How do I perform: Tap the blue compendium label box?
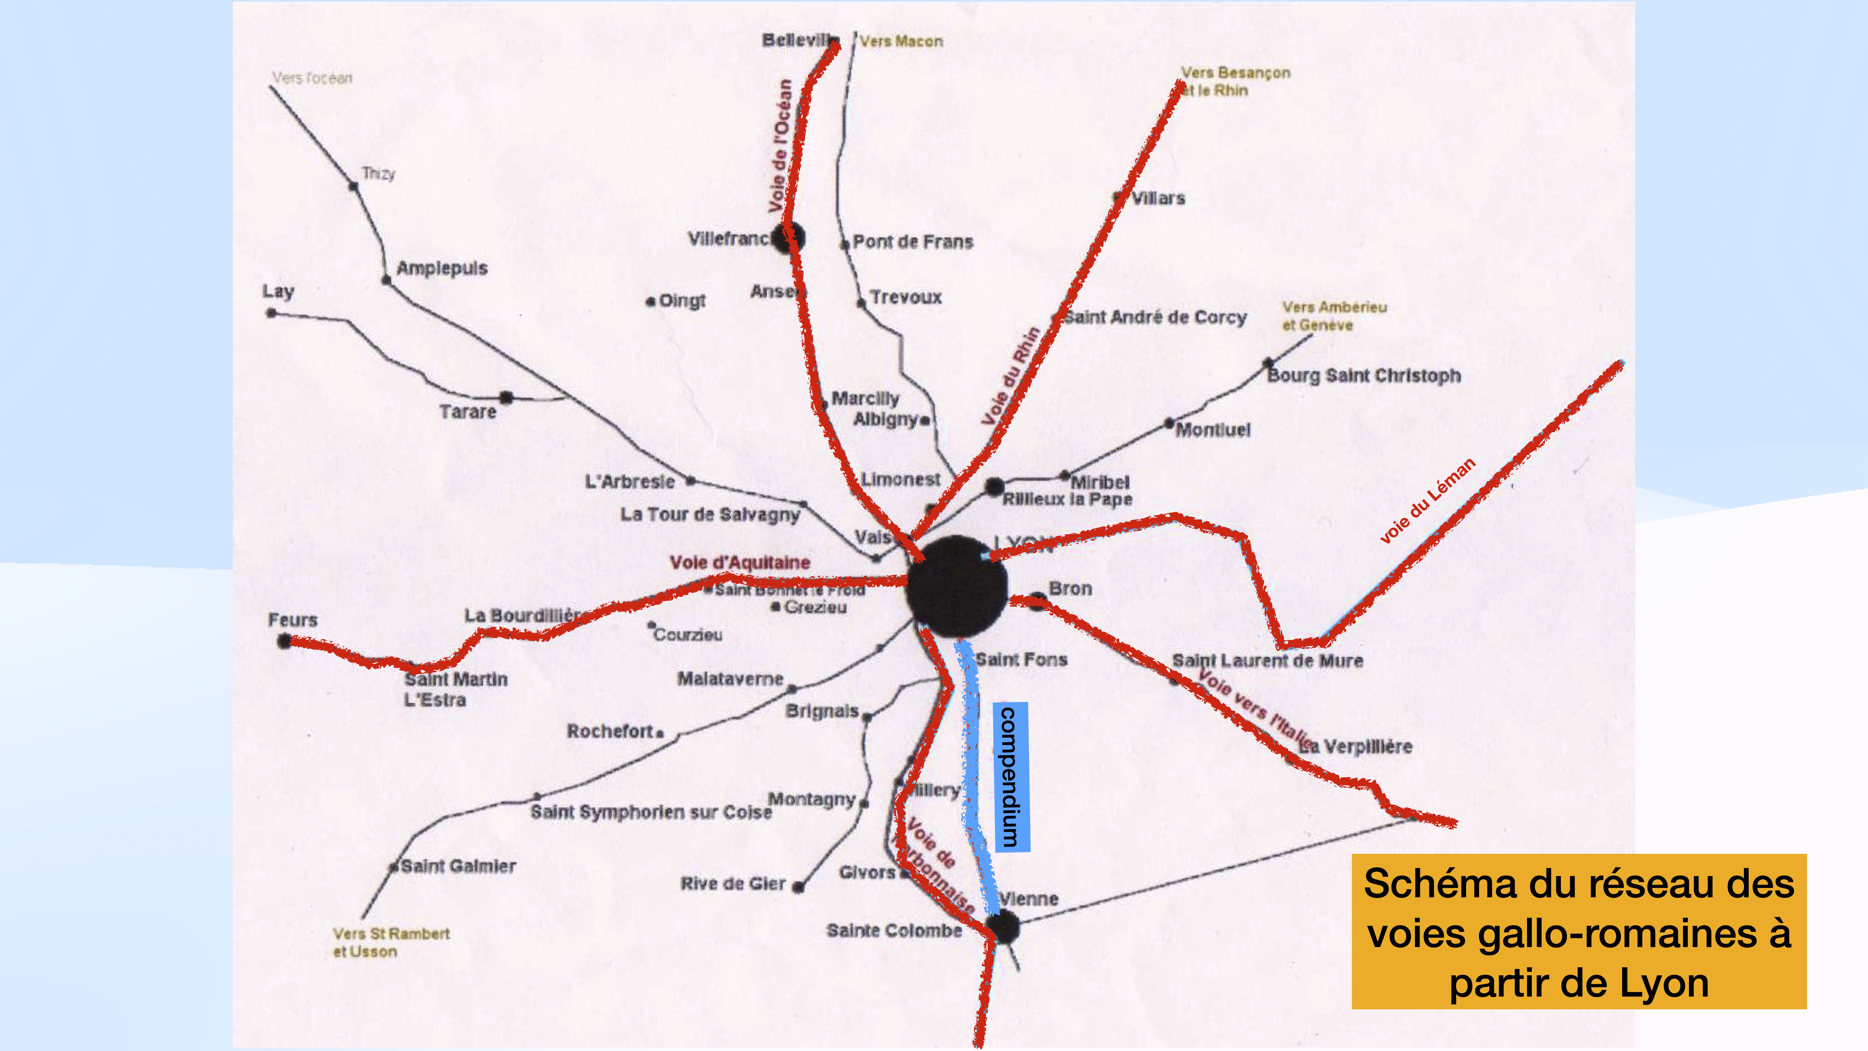coord(1011,776)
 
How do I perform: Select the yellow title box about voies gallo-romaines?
coord(1579,932)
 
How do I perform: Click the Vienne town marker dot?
coord(1004,927)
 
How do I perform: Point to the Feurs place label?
coord(293,620)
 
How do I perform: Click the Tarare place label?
coord(468,412)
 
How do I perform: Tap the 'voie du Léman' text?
coord(1427,501)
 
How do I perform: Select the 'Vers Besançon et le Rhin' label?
coord(1235,81)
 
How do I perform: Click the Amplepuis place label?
coord(442,268)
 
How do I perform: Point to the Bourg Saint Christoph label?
coord(1363,376)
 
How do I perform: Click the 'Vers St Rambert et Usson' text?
coord(391,942)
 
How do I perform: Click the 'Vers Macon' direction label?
coord(901,41)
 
